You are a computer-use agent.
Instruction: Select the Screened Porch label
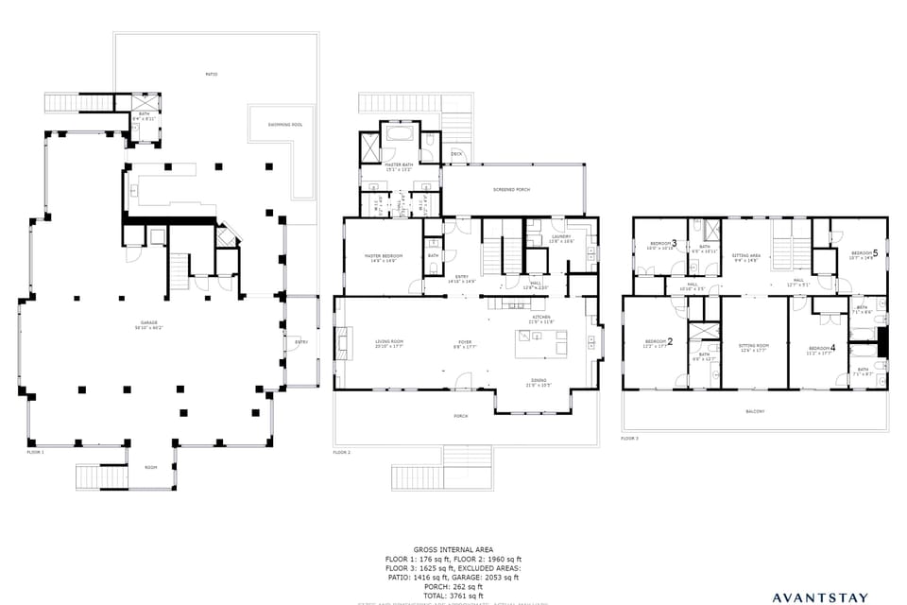pos(510,190)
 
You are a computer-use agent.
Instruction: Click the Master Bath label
pos(398,166)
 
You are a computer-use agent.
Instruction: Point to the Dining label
pos(538,381)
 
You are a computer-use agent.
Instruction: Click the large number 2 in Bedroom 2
pos(671,341)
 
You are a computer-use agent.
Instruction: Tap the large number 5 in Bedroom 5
pos(875,253)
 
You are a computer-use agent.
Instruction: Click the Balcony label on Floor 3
pos(755,411)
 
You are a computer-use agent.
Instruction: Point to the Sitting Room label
pos(753,347)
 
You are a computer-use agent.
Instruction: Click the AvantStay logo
pos(819,597)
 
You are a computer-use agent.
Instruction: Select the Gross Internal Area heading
pos(453,549)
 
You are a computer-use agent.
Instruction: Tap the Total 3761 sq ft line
pos(453,596)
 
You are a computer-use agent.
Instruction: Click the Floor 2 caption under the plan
pos(342,453)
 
